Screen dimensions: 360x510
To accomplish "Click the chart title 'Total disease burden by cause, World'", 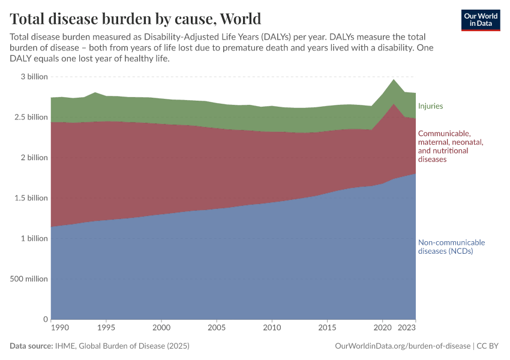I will point(135,17).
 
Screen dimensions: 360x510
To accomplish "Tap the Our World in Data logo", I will point(480,20).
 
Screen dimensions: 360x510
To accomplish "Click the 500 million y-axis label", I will point(28,278).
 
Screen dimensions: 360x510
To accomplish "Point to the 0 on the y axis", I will point(45,319).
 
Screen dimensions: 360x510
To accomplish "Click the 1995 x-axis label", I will point(106,328).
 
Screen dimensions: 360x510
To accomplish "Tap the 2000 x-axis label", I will point(161,328).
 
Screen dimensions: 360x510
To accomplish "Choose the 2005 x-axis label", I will point(217,328).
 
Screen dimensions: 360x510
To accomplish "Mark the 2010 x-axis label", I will point(272,328).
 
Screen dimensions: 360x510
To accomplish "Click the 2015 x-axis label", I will point(327,328).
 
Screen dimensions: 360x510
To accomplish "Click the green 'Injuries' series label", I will point(430,106).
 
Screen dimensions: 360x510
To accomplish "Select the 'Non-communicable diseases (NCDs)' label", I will point(451,247).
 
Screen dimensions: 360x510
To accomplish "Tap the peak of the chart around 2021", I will point(394,80).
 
